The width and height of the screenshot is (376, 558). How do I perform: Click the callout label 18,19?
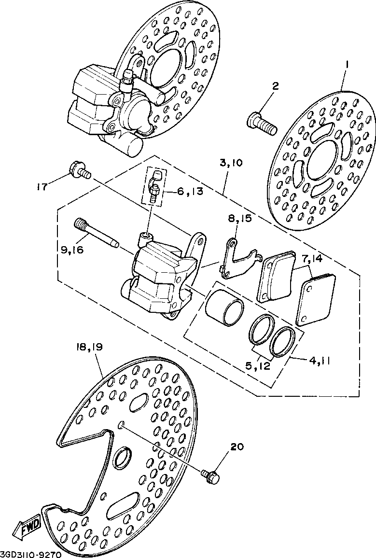pyautogui.click(x=90, y=347)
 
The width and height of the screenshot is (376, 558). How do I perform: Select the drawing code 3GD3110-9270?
pyautogui.click(x=31, y=554)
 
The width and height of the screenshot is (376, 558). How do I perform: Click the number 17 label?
pyautogui.click(x=42, y=186)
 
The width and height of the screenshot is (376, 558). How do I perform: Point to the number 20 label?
pyautogui.click(x=237, y=447)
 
